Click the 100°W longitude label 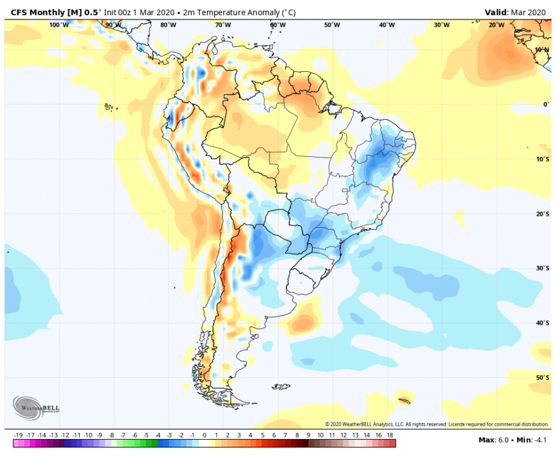pyautogui.click(x=59, y=25)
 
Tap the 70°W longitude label pyautogui.click(x=223, y=25)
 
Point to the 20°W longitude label pyautogui.click(x=496, y=25)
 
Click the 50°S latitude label pyautogui.click(x=543, y=378)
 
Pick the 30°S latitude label pyautogui.click(x=543, y=268)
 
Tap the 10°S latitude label pyautogui.click(x=543, y=159)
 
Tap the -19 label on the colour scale pyautogui.click(x=19, y=435)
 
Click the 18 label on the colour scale pyautogui.click(x=389, y=435)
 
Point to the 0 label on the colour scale pyautogui.click(x=204, y=435)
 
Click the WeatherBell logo pyautogui.click(x=29, y=407)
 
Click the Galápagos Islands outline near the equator pyautogui.click(x=109, y=107)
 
